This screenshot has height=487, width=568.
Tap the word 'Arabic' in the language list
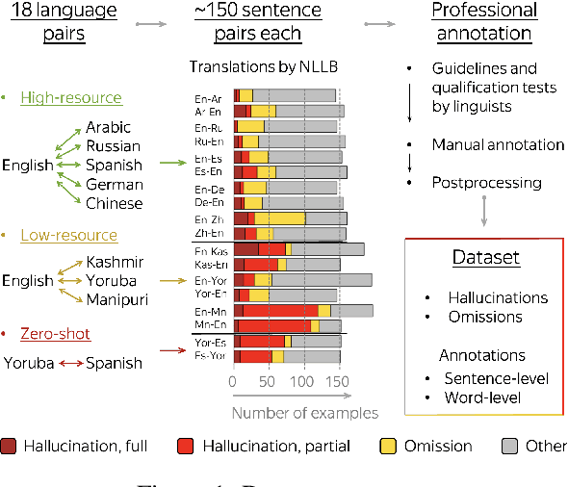(x=110, y=127)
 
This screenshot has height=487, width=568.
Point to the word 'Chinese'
(x=114, y=203)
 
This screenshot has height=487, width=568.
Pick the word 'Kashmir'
(x=115, y=262)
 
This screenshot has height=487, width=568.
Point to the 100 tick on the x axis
(x=304, y=381)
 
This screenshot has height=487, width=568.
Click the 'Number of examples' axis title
(x=304, y=413)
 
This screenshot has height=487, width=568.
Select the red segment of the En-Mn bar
(x=280, y=311)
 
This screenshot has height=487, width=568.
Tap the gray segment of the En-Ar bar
(x=295, y=95)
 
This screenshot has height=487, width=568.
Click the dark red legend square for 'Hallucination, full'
(x=10, y=447)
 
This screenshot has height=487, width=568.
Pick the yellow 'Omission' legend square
(x=388, y=447)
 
